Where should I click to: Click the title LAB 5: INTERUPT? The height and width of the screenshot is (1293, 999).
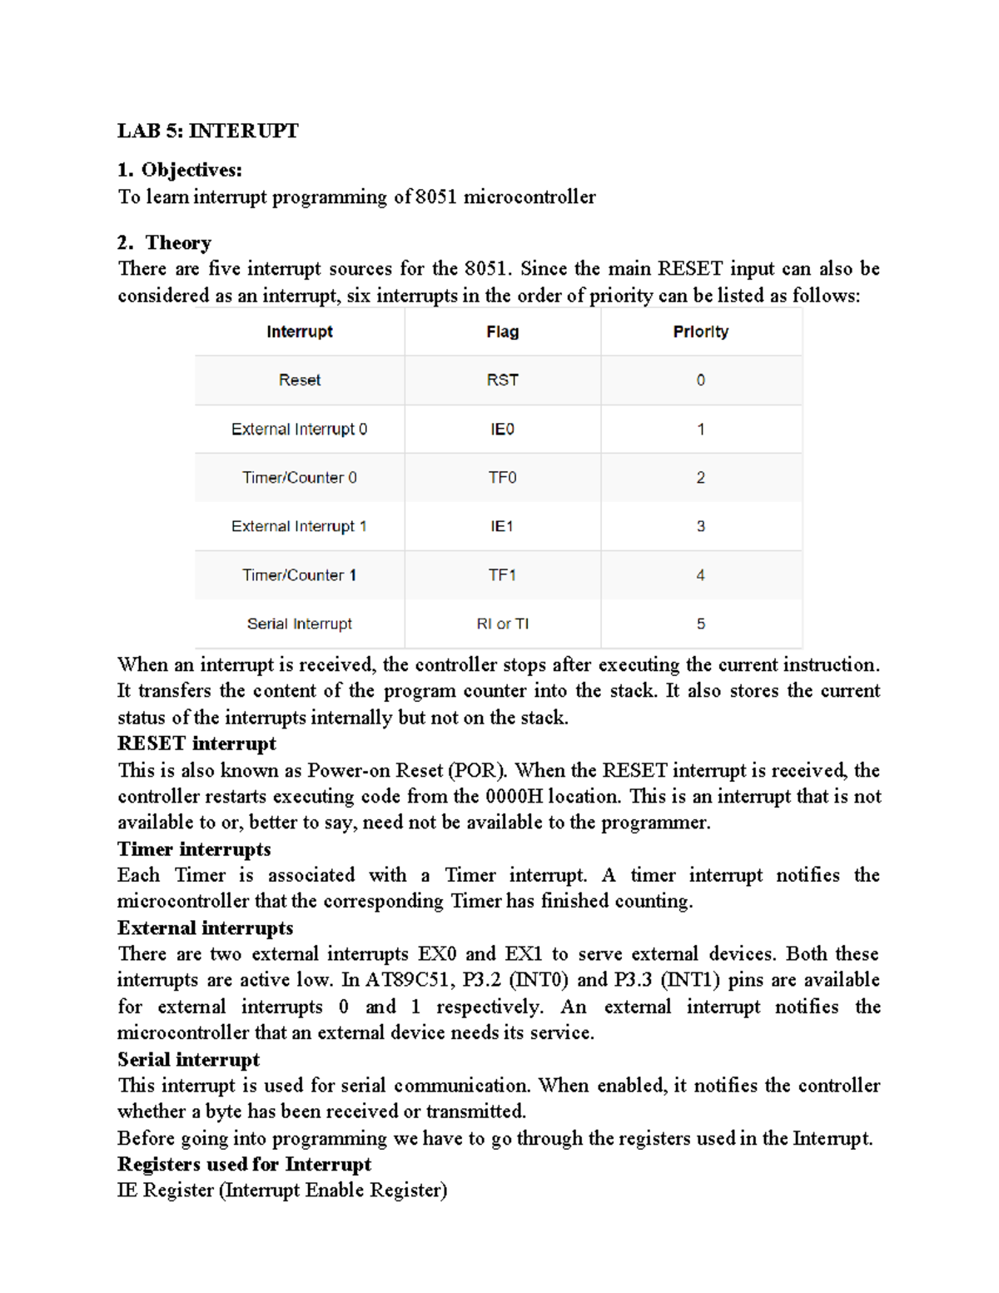(207, 131)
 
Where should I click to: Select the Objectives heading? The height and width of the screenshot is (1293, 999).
(179, 170)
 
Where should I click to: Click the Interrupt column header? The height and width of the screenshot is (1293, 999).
(300, 331)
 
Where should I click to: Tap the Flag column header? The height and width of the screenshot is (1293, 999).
(502, 331)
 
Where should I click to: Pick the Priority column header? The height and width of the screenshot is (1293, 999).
(700, 331)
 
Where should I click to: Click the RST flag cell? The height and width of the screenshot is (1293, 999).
(502, 380)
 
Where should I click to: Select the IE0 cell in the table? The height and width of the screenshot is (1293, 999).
(502, 429)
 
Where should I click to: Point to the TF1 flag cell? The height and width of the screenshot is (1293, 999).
(502, 575)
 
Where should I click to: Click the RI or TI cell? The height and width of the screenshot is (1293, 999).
(502, 624)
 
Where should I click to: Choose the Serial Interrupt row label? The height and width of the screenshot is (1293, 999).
(300, 624)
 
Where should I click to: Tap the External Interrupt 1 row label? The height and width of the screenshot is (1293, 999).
(299, 526)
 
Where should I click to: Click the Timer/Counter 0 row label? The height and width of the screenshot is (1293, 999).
(300, 478)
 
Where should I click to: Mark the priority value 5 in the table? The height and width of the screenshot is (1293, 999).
(700, 624)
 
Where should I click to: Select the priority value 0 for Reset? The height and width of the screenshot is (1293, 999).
(700, 380)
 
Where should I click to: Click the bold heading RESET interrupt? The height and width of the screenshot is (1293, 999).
(196, 743)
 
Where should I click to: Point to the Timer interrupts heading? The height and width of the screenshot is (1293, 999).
(194, 849)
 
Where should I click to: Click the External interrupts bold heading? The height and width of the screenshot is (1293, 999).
(205, 927)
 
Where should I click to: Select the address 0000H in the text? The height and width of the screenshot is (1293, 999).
(514, 796)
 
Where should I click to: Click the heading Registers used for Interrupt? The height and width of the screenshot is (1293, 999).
(244, 1164)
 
